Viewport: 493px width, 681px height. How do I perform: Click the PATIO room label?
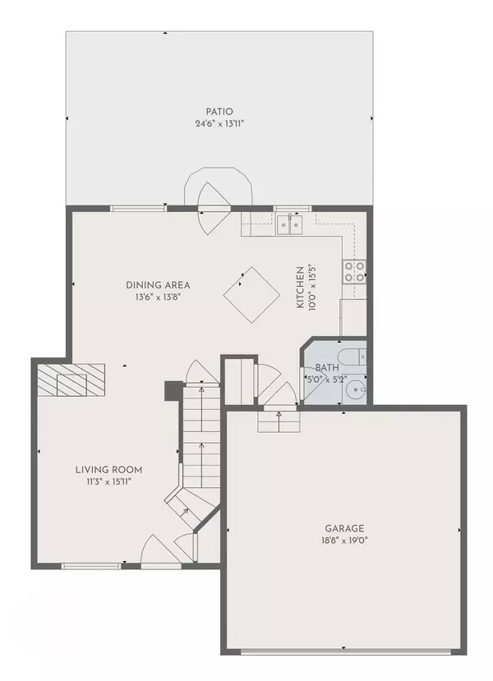[x=219, y=112]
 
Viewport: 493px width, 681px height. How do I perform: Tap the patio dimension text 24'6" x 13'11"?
[x=219, y=124]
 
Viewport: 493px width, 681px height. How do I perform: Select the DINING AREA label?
[x=158, y=285]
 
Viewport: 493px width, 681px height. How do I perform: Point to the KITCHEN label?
[x=300, y=288]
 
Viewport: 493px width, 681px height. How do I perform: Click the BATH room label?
[x=327, y=367]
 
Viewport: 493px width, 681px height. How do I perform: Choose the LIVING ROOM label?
[x=108, y=470]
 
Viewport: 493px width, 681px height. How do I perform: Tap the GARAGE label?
[x=344, y=528]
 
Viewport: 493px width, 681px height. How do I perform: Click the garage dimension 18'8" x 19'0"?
[x=344, y=541]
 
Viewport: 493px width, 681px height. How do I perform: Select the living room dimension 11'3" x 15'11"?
[x=108, y=481]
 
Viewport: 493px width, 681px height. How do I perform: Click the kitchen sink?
[x=290, y=224]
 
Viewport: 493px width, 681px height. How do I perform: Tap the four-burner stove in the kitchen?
[x=354, y=271]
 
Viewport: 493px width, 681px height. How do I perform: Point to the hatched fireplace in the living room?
[x=71, y=380]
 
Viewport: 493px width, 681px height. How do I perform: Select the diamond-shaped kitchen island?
[x=251, y=295]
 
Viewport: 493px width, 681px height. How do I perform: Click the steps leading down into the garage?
[x=279, y=421]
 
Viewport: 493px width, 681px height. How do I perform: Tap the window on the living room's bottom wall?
[x=90, y=566]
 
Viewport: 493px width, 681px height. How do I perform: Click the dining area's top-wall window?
[x=139, y=209]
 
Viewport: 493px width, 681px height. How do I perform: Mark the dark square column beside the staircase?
[x=173, y=391]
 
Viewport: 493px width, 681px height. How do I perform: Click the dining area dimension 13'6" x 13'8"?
[x=158, y=297]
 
